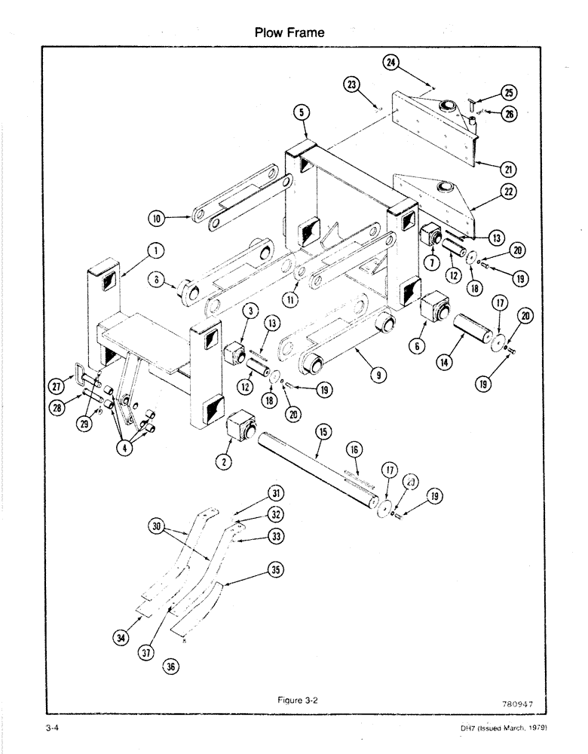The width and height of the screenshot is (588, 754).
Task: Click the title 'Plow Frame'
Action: pos(290,32)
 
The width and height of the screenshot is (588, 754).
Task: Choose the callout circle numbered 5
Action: pos(301,113)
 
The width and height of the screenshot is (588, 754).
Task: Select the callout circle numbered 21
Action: pos(497,167)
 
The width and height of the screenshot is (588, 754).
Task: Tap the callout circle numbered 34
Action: pos(118,639)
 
